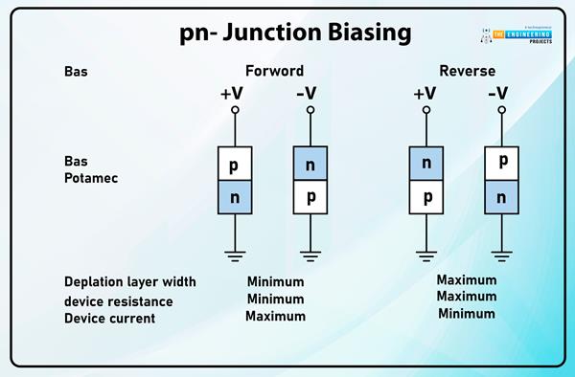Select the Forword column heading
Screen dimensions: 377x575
274,72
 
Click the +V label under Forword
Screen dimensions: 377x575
234,94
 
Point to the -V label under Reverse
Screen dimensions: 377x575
498,94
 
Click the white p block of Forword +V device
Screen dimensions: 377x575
234,164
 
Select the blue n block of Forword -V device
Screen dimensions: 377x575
310,164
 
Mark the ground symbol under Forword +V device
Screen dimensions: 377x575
234,255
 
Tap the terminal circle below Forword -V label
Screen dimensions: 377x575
310,111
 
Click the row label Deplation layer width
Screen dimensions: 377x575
129,282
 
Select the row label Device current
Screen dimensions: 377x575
109,318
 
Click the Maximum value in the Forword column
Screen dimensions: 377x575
275,317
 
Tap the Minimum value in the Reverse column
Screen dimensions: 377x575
466,314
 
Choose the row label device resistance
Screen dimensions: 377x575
119,300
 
